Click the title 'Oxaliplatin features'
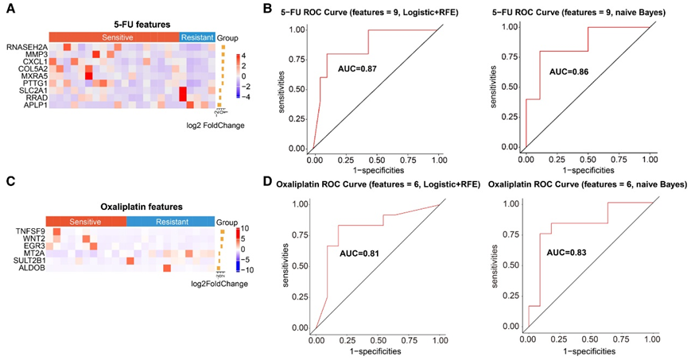pyautogui.click(x=130, y=207)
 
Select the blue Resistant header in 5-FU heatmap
pyautogui.click(x=196, y=37)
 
